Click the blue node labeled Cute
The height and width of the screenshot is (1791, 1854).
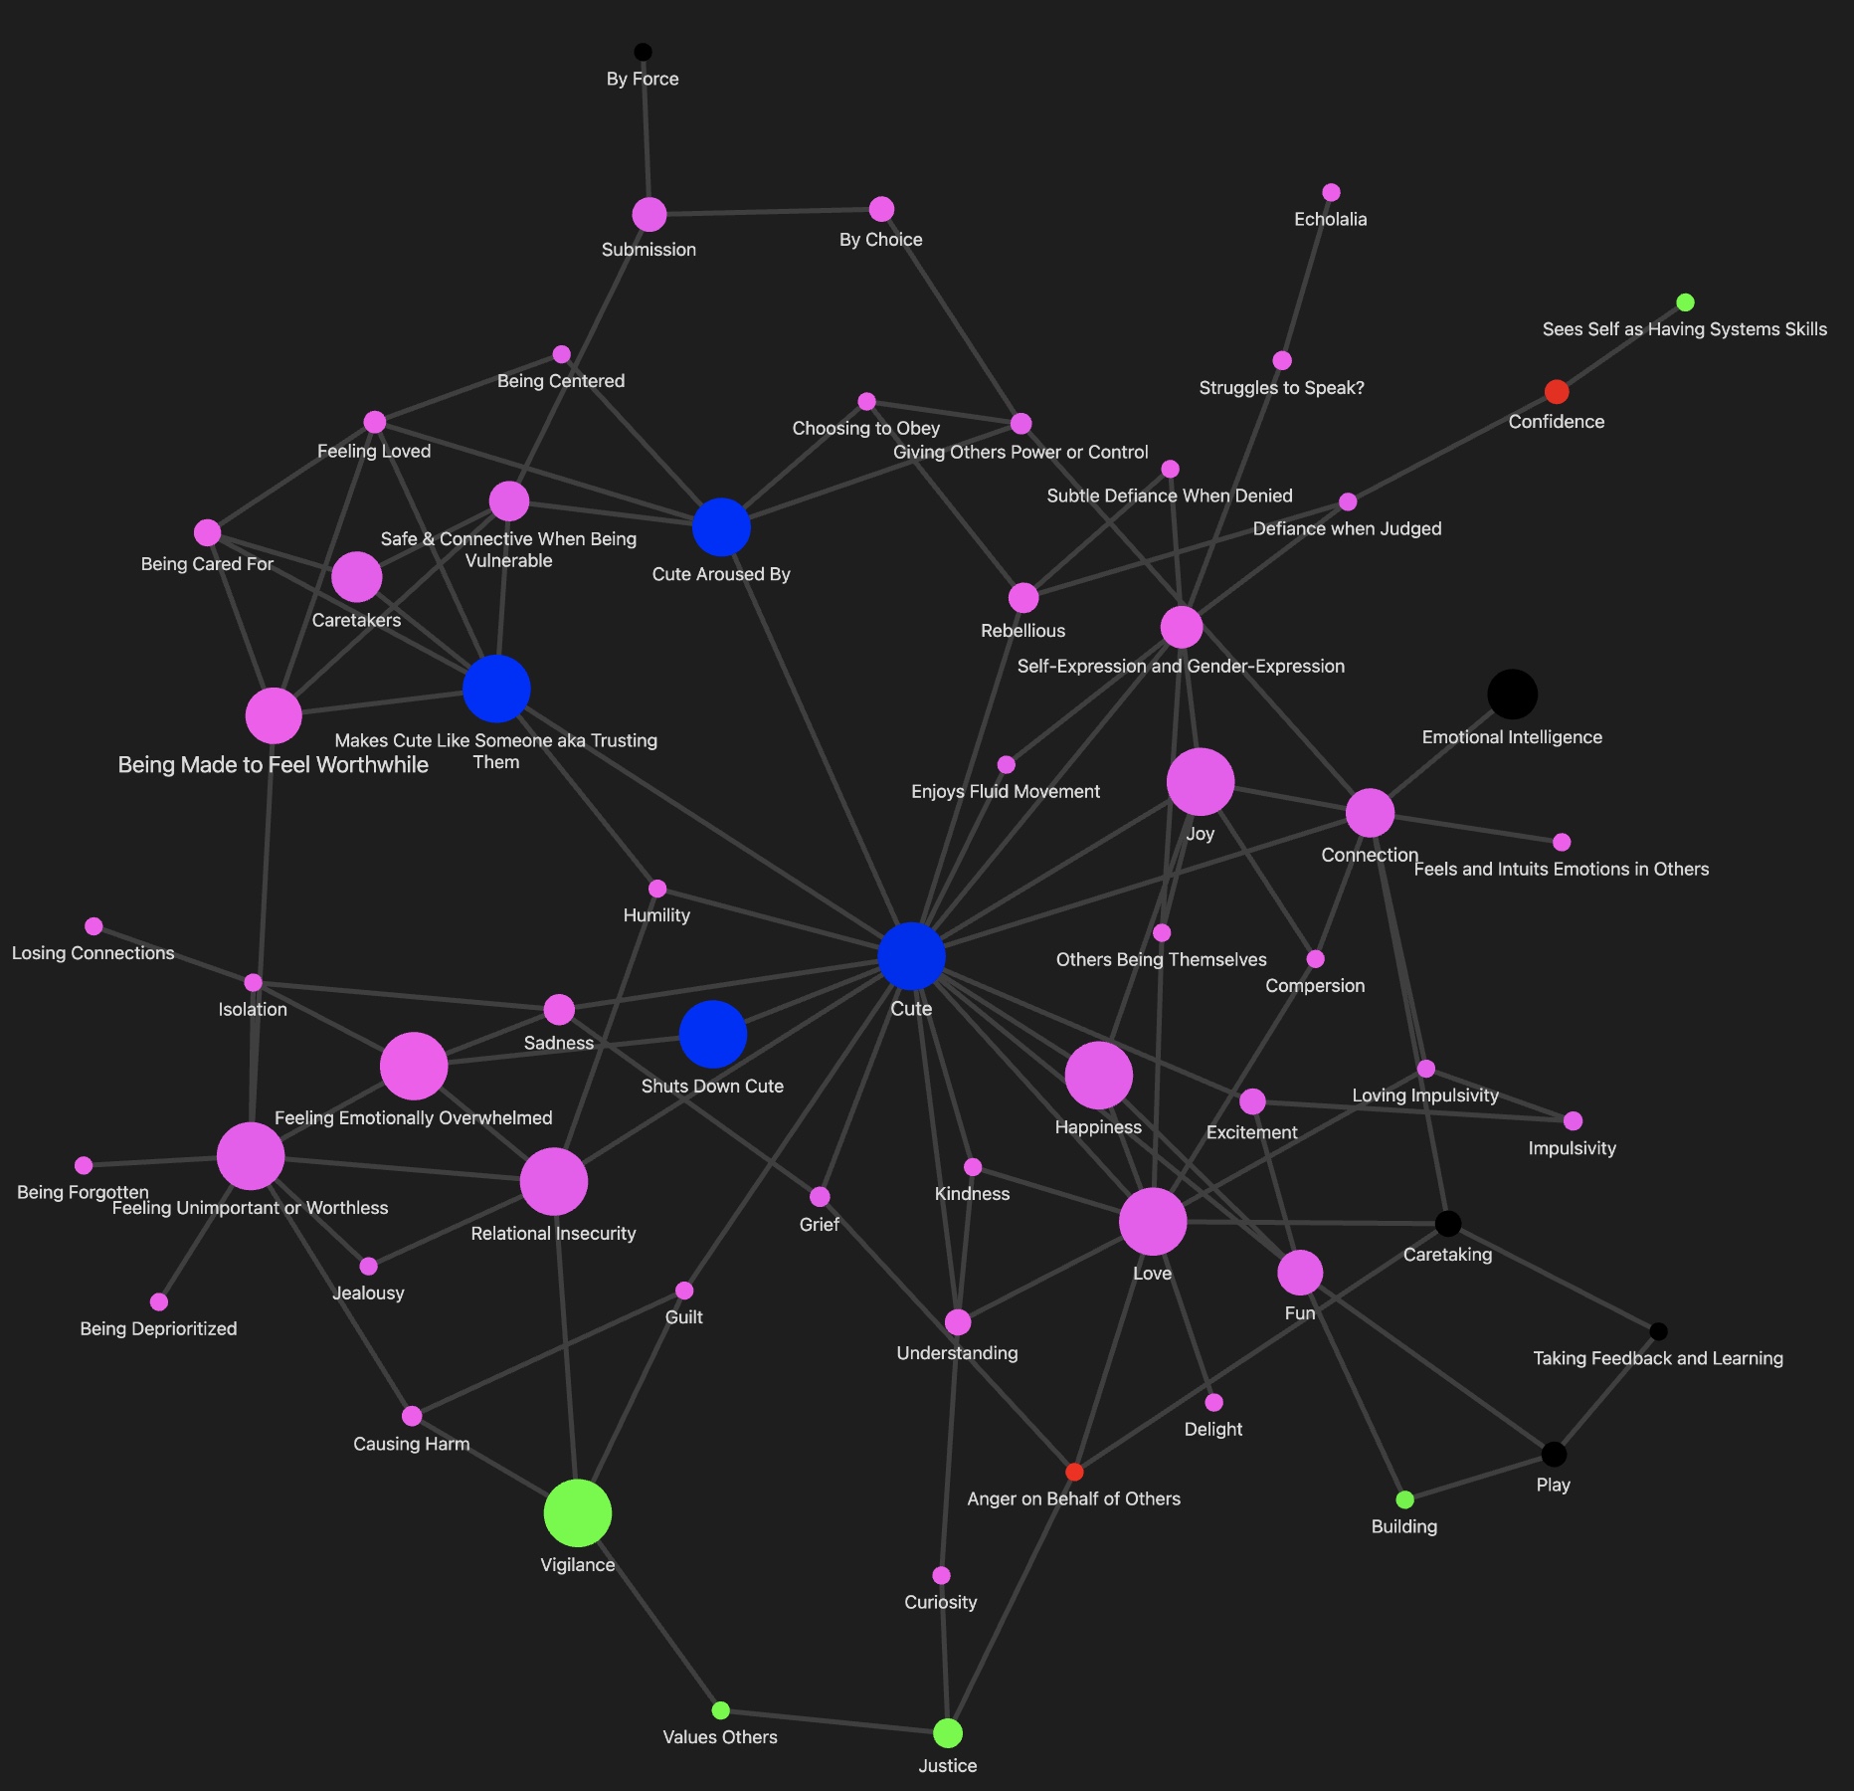(911, 956)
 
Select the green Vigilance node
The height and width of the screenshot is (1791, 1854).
(578, 1513)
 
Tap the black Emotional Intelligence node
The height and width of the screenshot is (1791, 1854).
(1512, 694)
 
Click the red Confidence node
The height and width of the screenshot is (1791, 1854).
(1557, 392)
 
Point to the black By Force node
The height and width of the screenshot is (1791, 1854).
(644, 52)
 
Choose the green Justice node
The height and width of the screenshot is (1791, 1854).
(948, 1733)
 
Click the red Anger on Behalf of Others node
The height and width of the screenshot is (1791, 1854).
(1074, 1472)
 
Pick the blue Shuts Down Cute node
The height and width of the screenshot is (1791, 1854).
(713, 1035)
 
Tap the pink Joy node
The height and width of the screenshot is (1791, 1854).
(1201, 782)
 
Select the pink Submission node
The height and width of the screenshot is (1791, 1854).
(649, 214)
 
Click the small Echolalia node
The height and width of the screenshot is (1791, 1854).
(1331, 192)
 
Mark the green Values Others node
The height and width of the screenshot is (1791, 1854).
(721, 1710)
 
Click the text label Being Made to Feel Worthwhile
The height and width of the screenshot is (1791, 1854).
(274, 765)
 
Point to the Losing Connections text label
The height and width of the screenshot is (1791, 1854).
(93, 953)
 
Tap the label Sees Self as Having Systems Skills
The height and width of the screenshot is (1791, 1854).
(1684, 329)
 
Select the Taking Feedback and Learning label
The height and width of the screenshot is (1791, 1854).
(1658, 1358)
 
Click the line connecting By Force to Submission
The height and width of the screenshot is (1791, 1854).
(647, 132)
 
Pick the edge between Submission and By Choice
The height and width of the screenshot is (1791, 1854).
(766, 212)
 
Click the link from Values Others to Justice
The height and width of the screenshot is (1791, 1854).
(834, 1721)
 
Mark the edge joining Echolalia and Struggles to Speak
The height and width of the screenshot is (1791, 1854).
(1307, 277)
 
